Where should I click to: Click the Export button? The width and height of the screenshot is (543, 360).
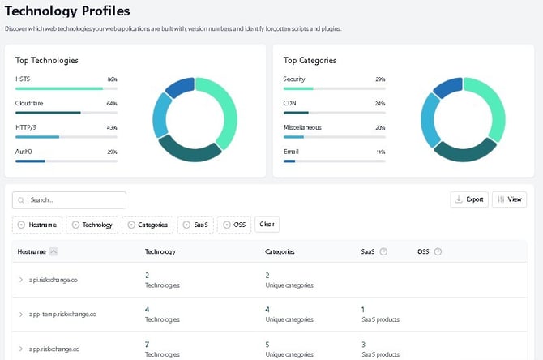[x=469, y=199]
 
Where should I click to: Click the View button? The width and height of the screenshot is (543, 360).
[x=509, y=199]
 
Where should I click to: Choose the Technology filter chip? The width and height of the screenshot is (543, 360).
[x=92, y=225]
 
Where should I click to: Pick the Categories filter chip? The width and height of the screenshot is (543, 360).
[x=148, y=225]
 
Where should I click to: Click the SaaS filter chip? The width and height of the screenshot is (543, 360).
[x=197, y=225]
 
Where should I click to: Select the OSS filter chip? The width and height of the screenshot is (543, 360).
[x=235, y=225]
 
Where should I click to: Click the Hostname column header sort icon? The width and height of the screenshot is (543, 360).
[x=53, y=251]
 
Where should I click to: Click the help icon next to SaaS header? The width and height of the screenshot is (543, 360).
[x=383, y=251]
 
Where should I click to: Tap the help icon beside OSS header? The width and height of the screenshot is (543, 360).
[x=438, y=251]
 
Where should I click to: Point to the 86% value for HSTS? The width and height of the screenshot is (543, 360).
[x=112, y=79]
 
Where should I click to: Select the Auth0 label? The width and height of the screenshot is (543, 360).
[x=24, y=152]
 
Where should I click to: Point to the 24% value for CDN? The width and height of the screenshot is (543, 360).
[x=380, y=104]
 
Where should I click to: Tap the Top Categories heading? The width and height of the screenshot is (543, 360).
[x=310, y=60]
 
